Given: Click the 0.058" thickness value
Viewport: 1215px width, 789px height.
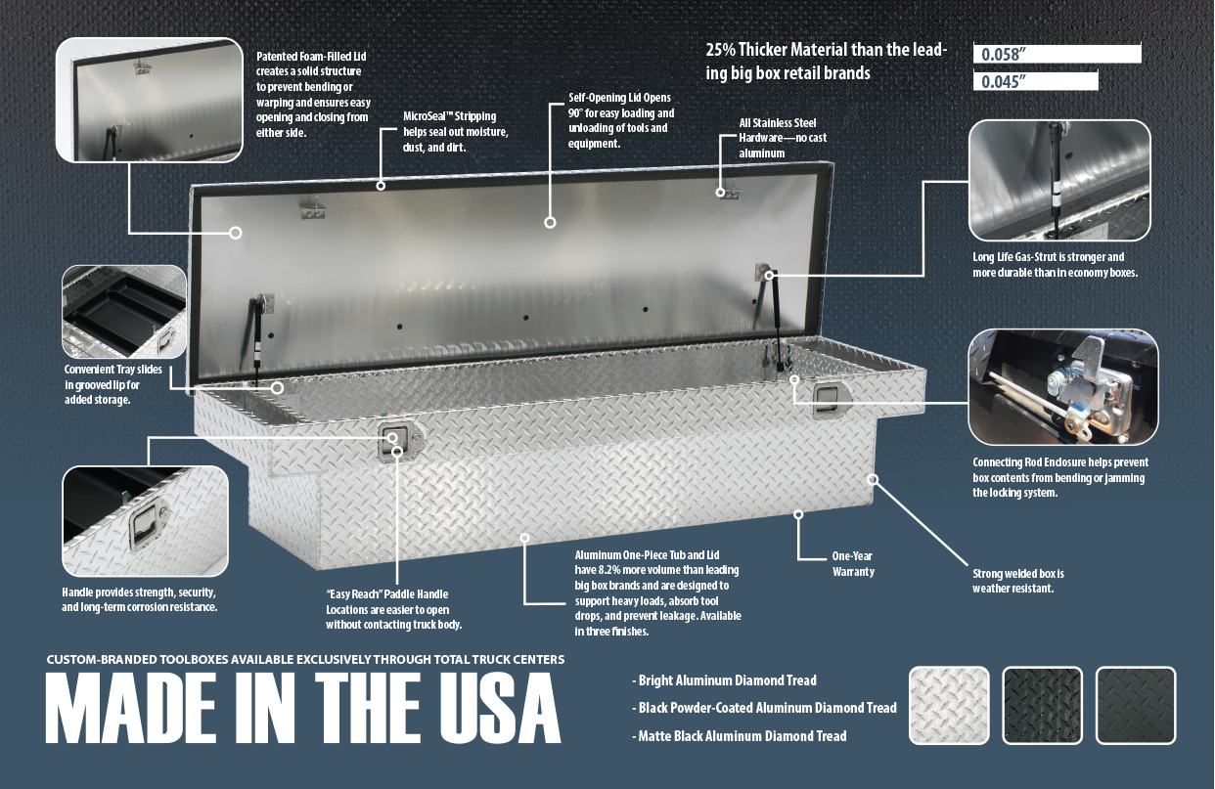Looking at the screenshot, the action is click(x=1004, y=54).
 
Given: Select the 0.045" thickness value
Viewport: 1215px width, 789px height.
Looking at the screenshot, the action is click(x=1004, y=81).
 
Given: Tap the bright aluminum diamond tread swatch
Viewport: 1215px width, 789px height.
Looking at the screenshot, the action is click(x=949, y=705).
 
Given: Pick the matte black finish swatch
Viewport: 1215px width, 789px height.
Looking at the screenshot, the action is click(x=1136, y=705).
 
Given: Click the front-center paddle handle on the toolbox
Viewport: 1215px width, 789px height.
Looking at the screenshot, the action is click(x=400, y=442).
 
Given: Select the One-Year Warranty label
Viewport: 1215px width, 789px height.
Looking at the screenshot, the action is click(x=853, y=563).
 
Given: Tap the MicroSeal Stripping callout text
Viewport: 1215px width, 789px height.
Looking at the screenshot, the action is click(x=455, y=132).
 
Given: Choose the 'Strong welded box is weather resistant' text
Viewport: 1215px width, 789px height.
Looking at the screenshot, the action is click(x=1018, y=581).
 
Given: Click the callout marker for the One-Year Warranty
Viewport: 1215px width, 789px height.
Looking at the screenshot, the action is click(x=798, y=514).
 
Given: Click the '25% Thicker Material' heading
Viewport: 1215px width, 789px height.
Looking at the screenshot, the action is click(x=827, y=62).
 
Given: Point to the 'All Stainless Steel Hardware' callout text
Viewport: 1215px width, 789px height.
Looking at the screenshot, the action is click(x=783, y=138).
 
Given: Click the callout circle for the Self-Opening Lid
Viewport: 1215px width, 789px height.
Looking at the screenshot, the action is click(x=550, y=222).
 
